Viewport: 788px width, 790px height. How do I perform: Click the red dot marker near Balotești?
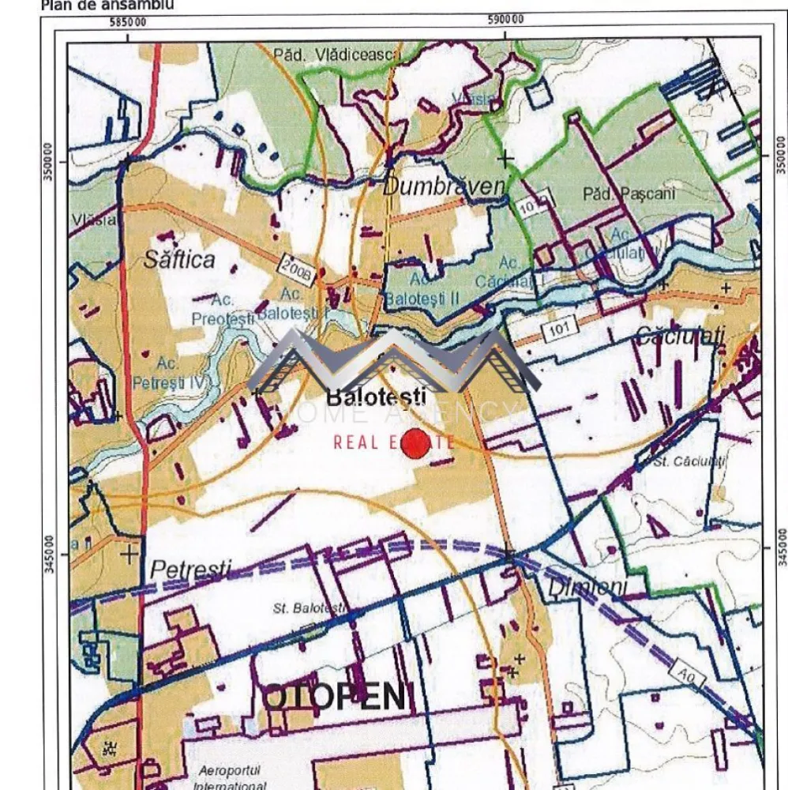click(416, 442)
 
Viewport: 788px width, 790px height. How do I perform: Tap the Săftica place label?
click(179, 259)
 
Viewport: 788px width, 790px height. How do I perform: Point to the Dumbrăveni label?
click(444, 186)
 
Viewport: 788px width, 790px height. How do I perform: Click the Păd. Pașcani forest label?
click(620, 194)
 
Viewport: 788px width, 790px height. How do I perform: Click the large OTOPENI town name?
click(333, 697)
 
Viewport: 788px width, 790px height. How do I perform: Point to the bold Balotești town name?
click(377, 397)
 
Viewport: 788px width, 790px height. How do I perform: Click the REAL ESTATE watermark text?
click(392, 442)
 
